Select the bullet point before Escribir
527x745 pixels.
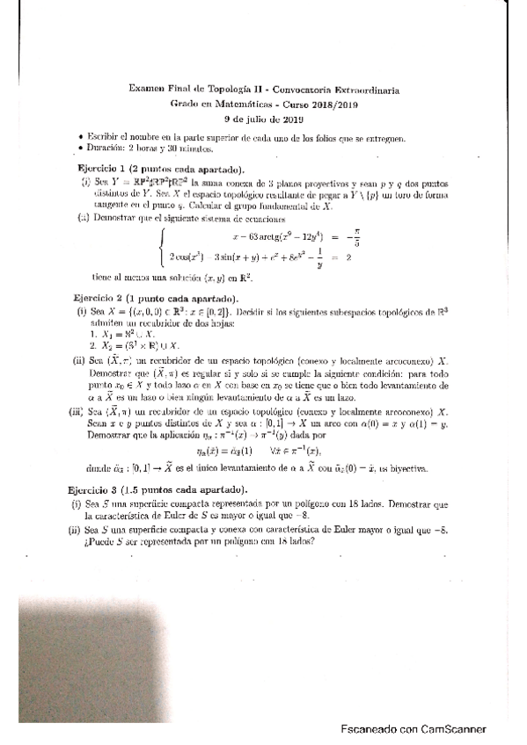click(x=80, y=138)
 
